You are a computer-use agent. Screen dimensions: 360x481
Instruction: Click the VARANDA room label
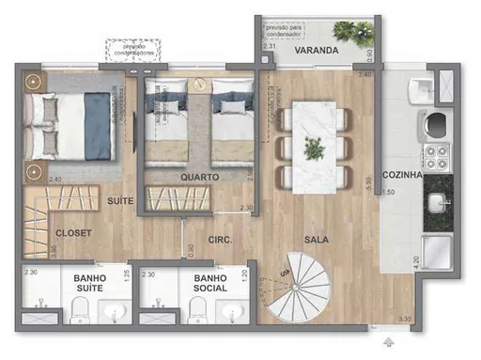pyautogui.click(x=312, y=50)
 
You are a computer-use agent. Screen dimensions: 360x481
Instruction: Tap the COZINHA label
pyautogui.click(x=401, y=176)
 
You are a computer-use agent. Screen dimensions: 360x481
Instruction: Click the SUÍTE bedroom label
pyautogui.click(x=119, y=201)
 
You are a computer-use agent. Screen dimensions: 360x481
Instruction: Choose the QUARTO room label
pyautogui.click(x=200, y=177)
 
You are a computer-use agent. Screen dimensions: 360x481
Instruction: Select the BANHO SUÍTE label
pyautogui.click(x=91, y=285)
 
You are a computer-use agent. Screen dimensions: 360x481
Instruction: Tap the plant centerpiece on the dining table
pyautogui.click(x=313, y=147)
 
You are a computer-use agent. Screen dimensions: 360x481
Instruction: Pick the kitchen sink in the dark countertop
pyautogui.click(x=437, y=203)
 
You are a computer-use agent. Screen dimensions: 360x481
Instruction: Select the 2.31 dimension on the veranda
pyautogui.click(x=269, y=45)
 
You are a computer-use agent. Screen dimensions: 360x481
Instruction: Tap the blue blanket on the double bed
pyautogui.click(x=98, y=127)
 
